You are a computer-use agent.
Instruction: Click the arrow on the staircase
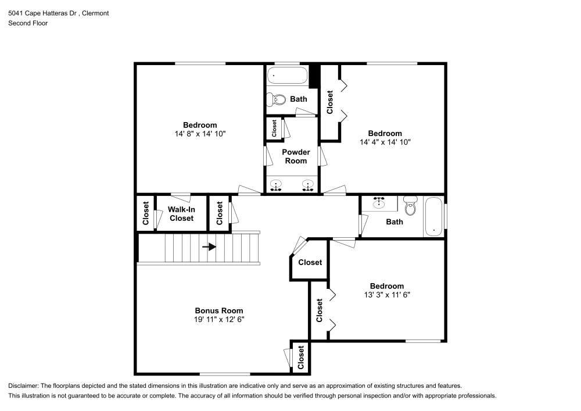click(209, 246)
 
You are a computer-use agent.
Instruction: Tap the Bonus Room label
click(218, 310)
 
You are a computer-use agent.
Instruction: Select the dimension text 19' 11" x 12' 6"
click(218, 319)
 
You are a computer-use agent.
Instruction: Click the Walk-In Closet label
click(181, 213)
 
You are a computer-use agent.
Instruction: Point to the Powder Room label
click(296, 156)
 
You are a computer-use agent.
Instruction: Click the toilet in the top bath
click(278, 100)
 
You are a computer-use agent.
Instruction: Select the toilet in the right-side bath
click(411, 207)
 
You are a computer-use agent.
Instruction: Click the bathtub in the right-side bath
click(433, 217)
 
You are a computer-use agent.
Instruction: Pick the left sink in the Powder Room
click(276, 185)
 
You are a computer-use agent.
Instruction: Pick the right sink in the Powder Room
click(307, 185)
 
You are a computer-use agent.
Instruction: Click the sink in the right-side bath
click(379, 202)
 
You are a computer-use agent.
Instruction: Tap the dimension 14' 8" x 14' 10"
click(200, 134)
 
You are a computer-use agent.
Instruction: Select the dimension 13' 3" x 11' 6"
click(386, 295)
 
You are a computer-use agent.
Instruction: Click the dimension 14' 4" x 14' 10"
click(385, 142)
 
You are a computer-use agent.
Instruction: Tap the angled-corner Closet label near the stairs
click(310, 262)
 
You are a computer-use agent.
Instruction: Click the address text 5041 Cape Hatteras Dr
click(45, 13)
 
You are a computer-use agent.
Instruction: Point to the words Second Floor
click(28, 23)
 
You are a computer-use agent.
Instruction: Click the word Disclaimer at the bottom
click(24, 386)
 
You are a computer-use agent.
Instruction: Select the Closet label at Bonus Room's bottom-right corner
click(301, 358)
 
